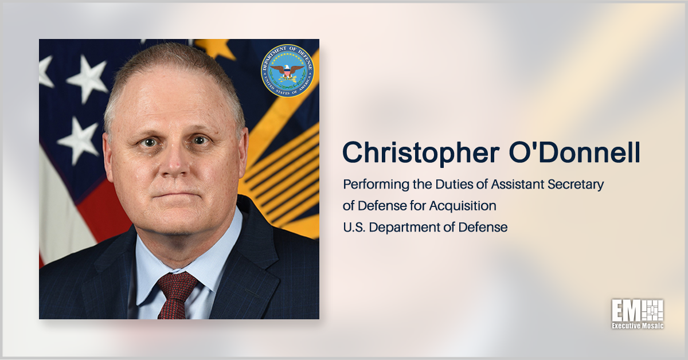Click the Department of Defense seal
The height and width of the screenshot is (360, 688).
(287, 70)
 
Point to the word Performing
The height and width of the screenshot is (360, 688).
(371, 185)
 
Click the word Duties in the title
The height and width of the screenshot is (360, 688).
(456, 185)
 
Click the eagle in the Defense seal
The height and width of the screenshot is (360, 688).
(287, 71)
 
